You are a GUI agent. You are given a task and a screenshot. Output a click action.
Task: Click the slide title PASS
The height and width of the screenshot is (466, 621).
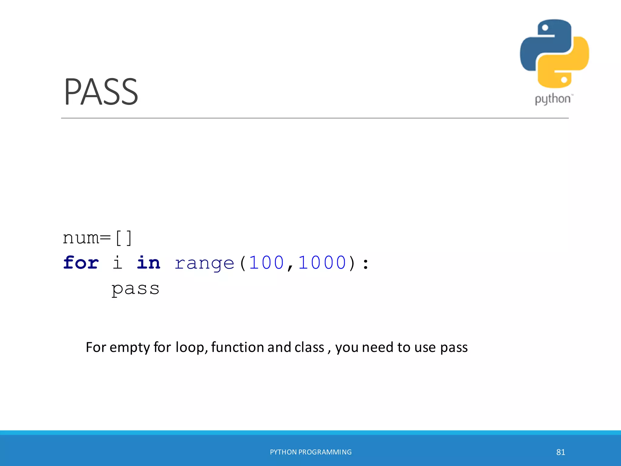[101, 92]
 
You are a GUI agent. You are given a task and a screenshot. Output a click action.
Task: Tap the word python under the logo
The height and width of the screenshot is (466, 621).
[552, 99]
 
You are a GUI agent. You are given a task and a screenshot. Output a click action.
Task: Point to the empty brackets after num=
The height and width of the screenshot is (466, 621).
[124, 238]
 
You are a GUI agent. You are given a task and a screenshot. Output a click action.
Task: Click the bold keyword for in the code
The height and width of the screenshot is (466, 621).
[81, 263]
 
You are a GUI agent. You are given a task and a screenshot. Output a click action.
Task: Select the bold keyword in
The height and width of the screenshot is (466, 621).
[148, 263]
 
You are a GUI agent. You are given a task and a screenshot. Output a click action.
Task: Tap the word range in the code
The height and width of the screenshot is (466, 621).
[204, 263]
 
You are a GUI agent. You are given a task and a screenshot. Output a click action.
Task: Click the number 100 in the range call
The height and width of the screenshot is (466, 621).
[266, 263]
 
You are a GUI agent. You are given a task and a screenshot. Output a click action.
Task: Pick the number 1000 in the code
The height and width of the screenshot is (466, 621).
[322, 263]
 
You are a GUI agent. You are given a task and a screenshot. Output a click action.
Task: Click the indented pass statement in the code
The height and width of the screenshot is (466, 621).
[135, 289]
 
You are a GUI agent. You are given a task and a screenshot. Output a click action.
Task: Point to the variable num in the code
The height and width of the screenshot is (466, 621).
[81, 238]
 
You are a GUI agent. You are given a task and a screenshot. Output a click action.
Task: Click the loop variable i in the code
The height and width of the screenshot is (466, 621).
[117, 263]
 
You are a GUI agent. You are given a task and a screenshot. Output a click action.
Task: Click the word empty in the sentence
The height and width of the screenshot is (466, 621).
[129, 348]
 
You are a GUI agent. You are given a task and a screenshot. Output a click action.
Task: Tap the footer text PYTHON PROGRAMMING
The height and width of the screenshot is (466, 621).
[311, 452]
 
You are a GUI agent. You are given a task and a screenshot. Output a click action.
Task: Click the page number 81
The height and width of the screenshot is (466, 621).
[561, 452]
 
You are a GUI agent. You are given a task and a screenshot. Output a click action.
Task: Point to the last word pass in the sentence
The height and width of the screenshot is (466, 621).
[454, 348]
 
